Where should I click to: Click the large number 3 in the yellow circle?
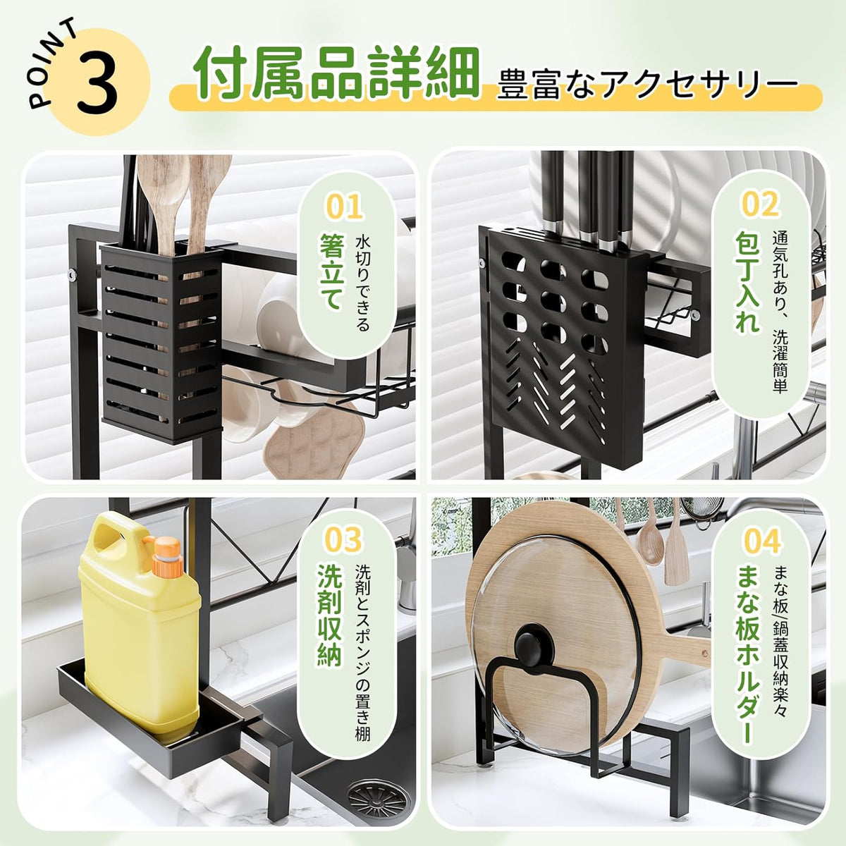coord(97,82)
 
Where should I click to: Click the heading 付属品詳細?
coord(336,74)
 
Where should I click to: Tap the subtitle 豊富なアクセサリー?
coord(647,84)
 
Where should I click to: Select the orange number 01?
coord(344,207)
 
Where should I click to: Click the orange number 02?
coord(760,204)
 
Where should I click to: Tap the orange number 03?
coord(344,539)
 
